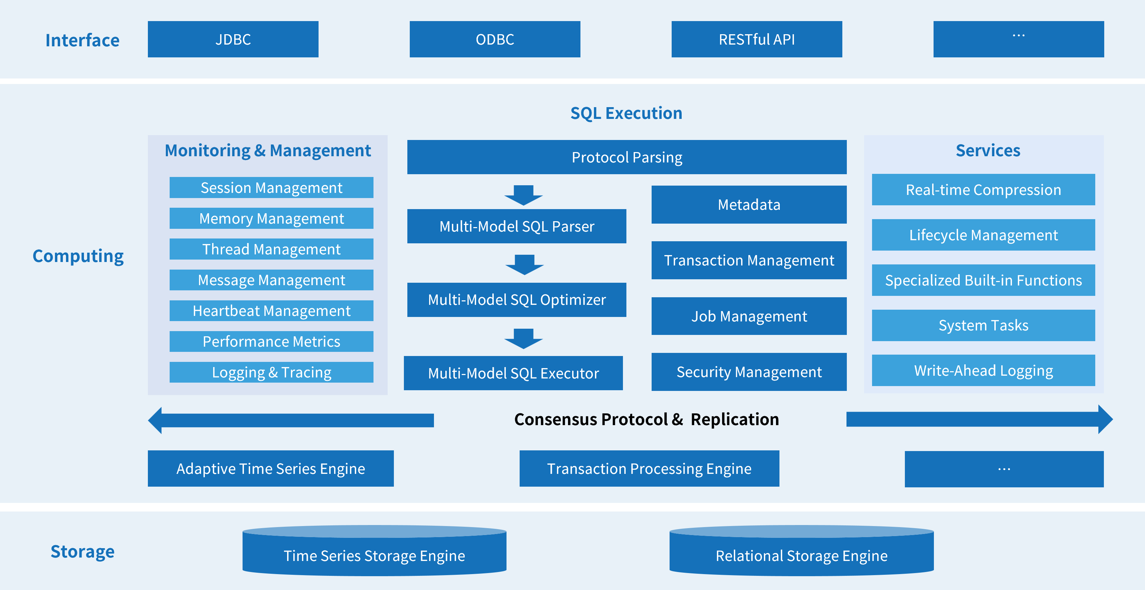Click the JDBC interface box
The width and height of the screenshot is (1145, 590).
pos(233,39)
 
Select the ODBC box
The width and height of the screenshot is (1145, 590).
pos(495,39)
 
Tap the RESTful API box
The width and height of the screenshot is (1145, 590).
pos(757,39)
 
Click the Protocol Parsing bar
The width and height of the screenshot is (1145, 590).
pos(627,157)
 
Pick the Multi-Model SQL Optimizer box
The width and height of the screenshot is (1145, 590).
pos(517,300)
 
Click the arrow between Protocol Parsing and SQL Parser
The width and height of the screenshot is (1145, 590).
pos(523,195)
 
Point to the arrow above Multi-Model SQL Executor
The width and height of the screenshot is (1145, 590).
pos(523,338)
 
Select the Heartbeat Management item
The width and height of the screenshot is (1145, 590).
pos(271,310)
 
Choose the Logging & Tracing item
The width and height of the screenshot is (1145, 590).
pos(271,372)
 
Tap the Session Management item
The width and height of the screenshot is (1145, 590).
pos(271,188)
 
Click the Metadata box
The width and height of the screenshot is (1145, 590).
pos(749,205)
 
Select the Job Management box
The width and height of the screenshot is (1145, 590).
pos(749,316)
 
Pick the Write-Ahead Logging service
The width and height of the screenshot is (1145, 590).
pos(983,371)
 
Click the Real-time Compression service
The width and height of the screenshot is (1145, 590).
pos(983,190)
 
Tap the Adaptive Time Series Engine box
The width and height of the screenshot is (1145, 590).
pos(271,469)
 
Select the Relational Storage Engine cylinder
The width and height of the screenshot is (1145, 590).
pos(802,554)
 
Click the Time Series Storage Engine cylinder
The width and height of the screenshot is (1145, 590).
pos(374,554)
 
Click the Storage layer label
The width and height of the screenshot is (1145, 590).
pos(82,551)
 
